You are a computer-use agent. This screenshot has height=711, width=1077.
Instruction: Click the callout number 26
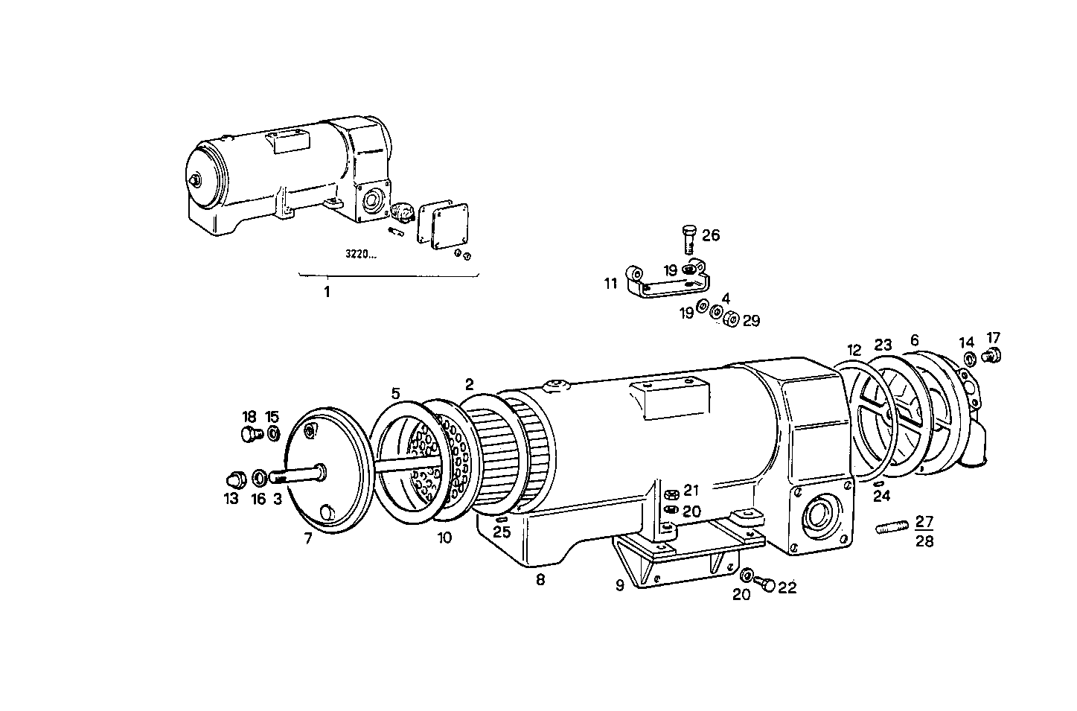[x=711, y=235]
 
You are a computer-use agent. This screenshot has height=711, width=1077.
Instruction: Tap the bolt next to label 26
[x=688, y=240]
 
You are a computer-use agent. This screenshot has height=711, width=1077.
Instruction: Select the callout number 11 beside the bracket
[x=611, y=283]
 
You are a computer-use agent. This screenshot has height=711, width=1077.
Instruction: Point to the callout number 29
[x=751, y=320]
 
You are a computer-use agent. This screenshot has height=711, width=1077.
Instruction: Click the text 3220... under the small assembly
[x=360, y=254]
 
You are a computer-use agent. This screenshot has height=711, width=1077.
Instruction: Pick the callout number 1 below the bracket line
[x=326, y=292]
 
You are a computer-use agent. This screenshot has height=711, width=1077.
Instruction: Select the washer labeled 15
[x=273, y=433]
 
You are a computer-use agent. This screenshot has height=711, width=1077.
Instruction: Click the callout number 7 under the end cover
[x=308, y=538]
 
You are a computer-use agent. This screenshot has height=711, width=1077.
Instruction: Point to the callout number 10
[x=444, y=538]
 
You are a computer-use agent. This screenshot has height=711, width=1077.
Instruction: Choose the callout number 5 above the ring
[x=395, y=392]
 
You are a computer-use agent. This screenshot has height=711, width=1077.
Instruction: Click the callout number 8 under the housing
[x=540, y=579]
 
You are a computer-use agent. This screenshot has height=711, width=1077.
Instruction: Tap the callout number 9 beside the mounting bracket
[x=619, y=585]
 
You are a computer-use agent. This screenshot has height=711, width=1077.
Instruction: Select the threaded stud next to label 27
[x=891, y=529]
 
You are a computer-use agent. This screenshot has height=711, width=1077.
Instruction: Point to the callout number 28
[x=924, y=541]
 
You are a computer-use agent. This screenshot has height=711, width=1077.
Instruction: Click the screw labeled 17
[x=993, y=356]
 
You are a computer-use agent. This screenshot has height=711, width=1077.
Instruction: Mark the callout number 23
[x=883, y=345]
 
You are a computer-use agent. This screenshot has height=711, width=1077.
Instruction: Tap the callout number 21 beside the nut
[x=691, y=490]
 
